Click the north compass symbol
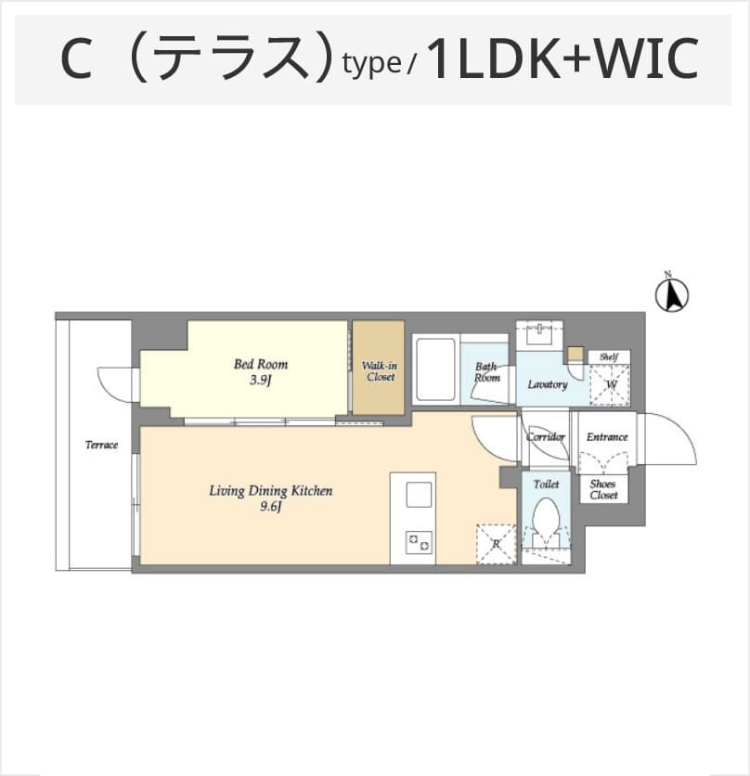pyautogui.click(x=672, y=295)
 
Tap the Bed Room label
pyautogui.click(x=261, y=364)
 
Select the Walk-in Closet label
pyautogui.click(x=380, y=371)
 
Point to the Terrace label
pyautogui.click(x=101, y=445)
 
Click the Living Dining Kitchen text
pyautogui.click(x=270, y=491)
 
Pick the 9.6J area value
pyautogui.click(x=270, y=507)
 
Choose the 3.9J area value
pyautogui.click(x=261, y=380)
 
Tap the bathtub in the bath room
pyautogui.click(x=435, y=369)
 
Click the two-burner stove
pyautogui.click(x=419, y=542)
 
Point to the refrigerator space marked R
pyautogui.click(x=496, y=544)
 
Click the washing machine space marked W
pyautogui.click(x=610, y=385)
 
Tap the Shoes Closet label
pyautogui.click(x=603, y=489)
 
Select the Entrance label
pyautogui.click(x=607, y=437)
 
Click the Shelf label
pyautogui.click(x=608, y=356)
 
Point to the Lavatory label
pyautogui.click(x=548, y=384)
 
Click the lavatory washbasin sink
pyautogui.click(x=539, y=333)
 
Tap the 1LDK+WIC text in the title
pyautogui.click(x=562, y=58)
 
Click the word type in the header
pyautogui.click(x=371, y=63)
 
